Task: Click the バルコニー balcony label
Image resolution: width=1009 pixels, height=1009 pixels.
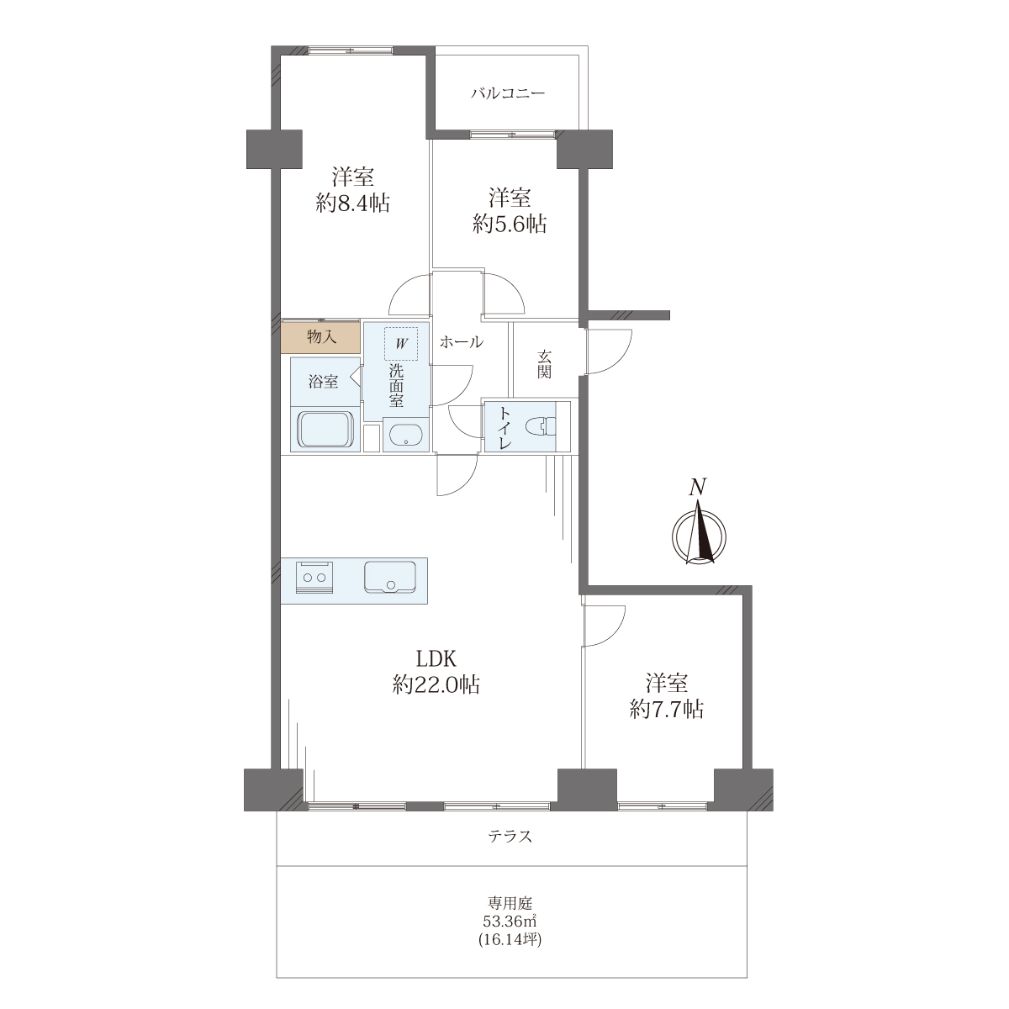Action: pyautogui.click(x=507, y=93)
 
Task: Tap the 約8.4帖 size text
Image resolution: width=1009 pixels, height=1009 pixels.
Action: pyautogui.click(x=353, y=203)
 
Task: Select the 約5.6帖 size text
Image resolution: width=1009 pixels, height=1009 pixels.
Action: pyautogui.click(x=510, y=225)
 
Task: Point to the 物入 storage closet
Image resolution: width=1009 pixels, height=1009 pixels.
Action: pyautogui.click(x=321, y=336)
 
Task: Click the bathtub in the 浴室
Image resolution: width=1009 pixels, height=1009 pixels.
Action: pyautogui.click(x=326, y=429)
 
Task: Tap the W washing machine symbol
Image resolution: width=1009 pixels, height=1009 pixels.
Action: pyautogui.click(x=401, y=344)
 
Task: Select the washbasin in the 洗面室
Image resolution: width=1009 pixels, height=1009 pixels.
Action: pyautogui.click(x=406, y=435)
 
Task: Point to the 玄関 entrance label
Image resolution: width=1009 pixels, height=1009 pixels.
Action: pyautogui.click(x=544, y=364)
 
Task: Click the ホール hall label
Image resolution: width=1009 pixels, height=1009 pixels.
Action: pyautogui.click(x=462, y=342)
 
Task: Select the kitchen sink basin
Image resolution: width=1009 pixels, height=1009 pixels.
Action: pyautogui.click(x=390, y=577)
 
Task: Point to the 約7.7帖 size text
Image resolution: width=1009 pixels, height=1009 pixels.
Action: pyautogui.click(x=666, y=710)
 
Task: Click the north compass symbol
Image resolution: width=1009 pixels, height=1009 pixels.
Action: pyautogui.click(x=699, y=536)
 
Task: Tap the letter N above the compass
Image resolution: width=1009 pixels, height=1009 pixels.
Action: pyautogui.click(x=697, y=487)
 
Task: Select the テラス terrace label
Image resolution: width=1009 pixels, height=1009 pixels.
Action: pyautogui.click(x=510, y=836)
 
